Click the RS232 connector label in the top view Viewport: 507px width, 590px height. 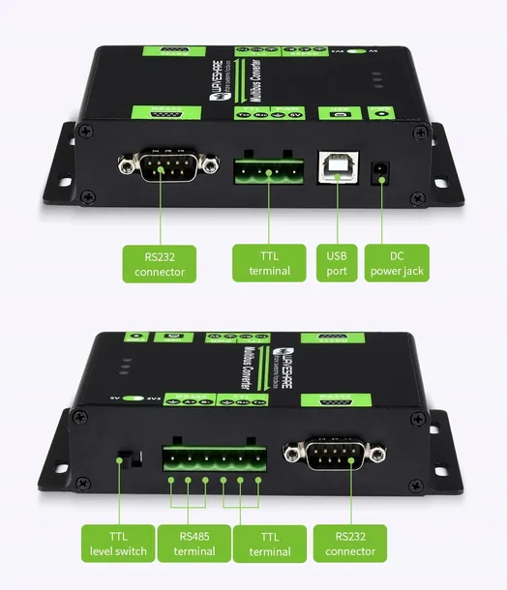click(160, 263)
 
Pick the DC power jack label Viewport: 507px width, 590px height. click(397, 263)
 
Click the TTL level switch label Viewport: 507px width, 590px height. click(116, 544)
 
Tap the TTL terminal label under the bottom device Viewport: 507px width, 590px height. click(262, 544)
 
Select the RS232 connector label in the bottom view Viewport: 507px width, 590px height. click(350, 544)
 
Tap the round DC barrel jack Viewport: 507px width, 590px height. click(382, 171)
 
